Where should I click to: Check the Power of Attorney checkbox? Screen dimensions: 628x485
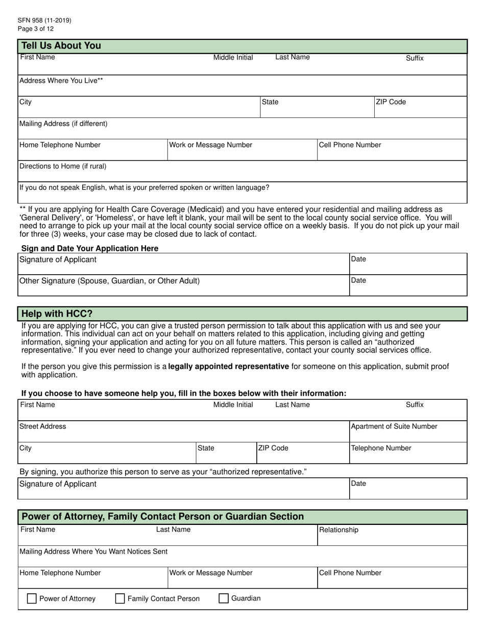31,599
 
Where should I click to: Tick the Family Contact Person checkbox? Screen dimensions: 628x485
120,599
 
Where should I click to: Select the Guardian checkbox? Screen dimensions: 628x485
224,599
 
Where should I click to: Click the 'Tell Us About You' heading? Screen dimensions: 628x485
61,46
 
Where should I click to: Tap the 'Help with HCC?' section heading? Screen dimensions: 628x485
57,313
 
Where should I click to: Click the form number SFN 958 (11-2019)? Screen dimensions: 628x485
44,20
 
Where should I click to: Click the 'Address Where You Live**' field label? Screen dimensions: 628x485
61,81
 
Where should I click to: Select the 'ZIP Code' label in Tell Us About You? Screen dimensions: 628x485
391,102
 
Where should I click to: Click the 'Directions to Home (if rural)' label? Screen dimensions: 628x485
63,166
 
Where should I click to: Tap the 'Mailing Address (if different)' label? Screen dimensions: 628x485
63,124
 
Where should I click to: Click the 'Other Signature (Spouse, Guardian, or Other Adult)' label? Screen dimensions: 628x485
109,281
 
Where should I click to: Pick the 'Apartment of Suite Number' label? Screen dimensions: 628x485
394,426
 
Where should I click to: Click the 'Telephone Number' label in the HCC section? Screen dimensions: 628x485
381,448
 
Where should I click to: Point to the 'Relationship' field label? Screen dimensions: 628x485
339,530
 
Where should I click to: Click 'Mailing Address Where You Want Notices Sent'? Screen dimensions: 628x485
93,551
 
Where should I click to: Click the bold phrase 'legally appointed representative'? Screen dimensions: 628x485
228,367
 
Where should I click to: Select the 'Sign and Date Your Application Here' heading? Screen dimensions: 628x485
90,248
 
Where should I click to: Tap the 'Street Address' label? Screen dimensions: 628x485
43,426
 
